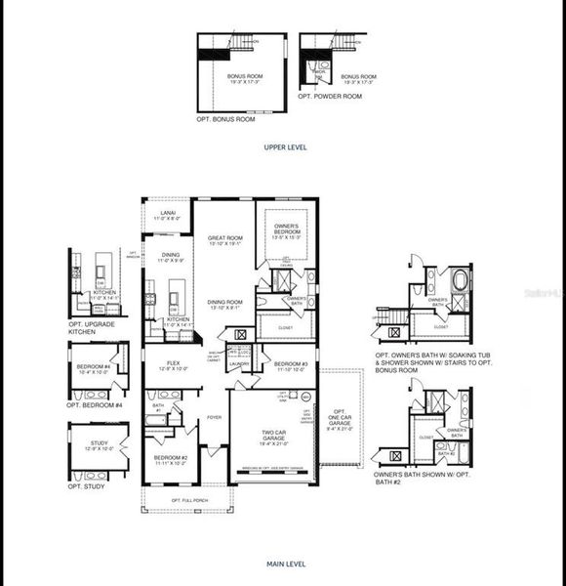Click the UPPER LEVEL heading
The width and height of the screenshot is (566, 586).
point(285,146)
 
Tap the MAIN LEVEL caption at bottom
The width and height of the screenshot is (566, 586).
point(285,564)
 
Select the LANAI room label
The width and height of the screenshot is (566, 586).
point(169,214)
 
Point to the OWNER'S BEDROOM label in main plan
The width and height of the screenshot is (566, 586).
point(286,230)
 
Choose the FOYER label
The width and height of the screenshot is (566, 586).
point(214,417)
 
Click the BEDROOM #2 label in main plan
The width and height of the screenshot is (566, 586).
point(171,459)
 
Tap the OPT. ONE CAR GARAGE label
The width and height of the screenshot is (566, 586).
point(339,419)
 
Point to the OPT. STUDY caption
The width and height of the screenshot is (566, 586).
point(86,486)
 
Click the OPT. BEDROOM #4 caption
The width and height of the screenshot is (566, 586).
point(95,404)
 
